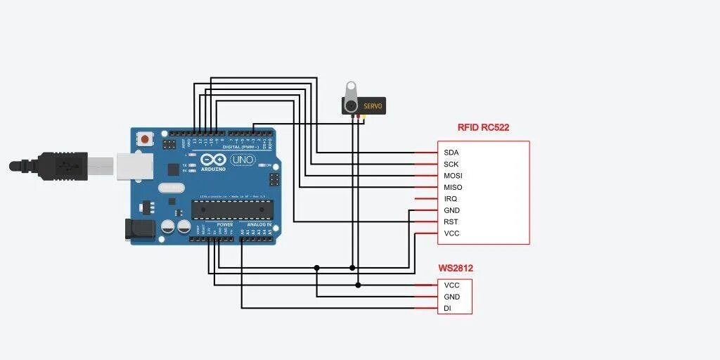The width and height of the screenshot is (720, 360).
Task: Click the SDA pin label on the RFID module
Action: [451, 153]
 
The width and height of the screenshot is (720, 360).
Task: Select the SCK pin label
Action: [451, 164]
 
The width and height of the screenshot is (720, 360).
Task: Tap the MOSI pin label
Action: [453, 176]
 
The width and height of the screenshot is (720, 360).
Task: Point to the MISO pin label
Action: [453, 187]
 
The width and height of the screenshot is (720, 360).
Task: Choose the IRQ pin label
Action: [450, 199]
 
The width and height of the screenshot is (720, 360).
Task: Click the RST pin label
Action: [451, 222]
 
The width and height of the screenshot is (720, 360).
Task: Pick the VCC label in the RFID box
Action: [451, 233]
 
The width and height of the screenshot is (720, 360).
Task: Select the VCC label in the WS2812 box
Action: [451, 285]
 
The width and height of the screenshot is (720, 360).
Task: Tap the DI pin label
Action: [447, 309]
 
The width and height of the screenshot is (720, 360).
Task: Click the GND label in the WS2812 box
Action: [451, 297]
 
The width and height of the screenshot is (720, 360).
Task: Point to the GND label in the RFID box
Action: [451, 210]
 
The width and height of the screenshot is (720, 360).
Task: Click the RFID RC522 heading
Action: [483, 128]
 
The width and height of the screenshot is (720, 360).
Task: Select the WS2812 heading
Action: [456, 268]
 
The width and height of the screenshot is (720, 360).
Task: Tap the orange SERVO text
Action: [373, 106]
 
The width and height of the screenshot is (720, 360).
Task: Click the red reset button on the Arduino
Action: [145, 139]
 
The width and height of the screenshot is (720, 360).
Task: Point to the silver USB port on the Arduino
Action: [133, 166]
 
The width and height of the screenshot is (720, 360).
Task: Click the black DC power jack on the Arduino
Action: [137, 229]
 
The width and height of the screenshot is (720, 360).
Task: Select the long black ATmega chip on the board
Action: [231, 210]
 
